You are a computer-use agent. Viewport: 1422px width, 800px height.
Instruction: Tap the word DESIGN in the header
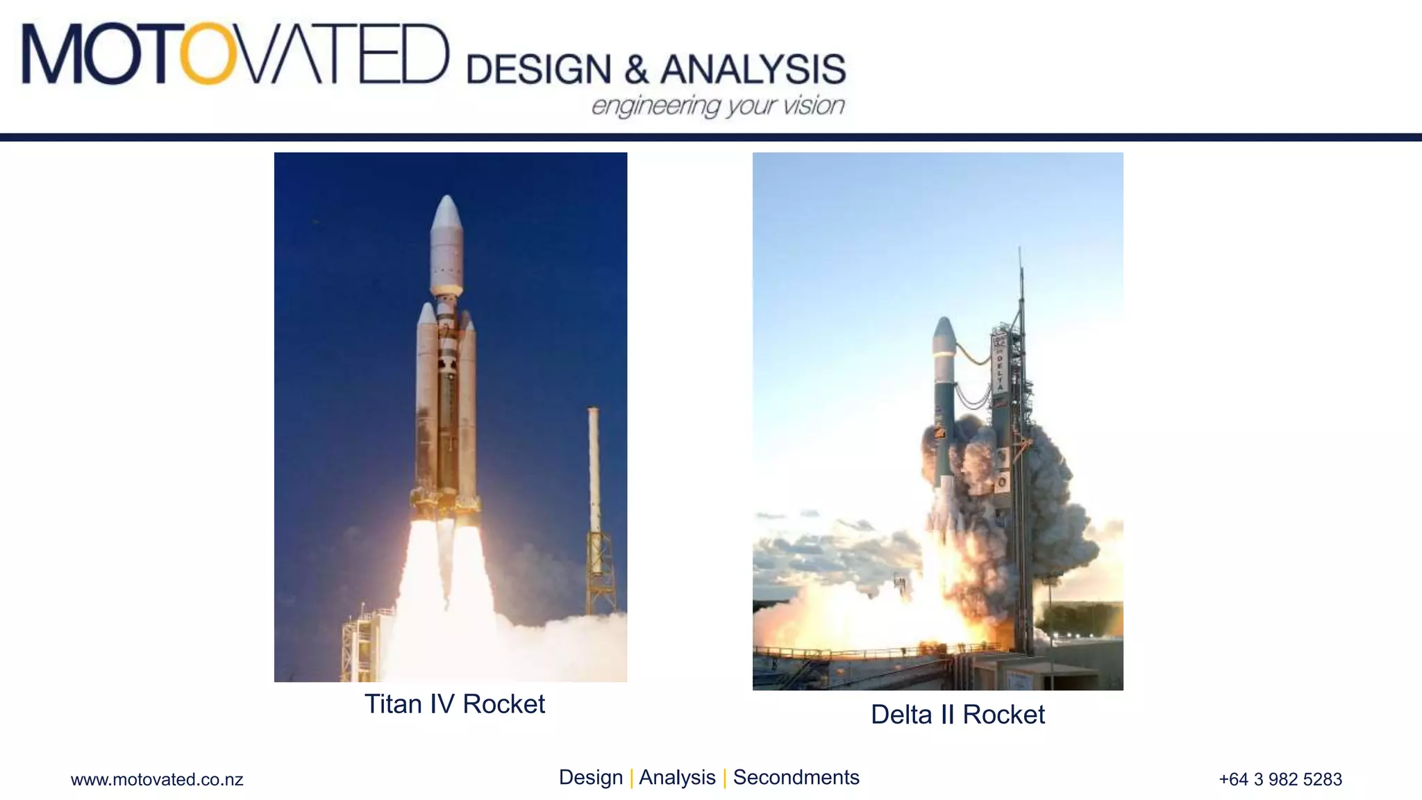click(x=538, y=69)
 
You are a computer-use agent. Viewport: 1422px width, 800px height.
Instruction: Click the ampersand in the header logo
click(x=636, y=70)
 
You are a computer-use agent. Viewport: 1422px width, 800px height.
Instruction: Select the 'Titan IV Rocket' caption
click(x=454, y=704)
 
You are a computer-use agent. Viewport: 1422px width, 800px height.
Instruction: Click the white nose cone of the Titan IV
click(x=446, y=215)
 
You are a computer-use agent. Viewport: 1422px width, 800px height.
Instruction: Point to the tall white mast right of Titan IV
click(x=594, y=472)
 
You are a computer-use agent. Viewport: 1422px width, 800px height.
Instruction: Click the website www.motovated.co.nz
click(x=157, y=780)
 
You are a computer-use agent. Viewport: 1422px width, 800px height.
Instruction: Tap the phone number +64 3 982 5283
click(x=1280, y=780)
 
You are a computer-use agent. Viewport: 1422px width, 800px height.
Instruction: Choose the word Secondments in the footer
click(x=796, y=778)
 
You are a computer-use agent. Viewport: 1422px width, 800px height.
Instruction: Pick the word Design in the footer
click(x=590, y=778)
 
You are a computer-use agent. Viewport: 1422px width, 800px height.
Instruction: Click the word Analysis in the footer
click(x=676, y=778)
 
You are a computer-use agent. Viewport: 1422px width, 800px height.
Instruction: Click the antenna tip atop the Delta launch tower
click(x=1019, y=250)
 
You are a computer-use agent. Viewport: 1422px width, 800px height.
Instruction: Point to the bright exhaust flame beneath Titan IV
click(x=444, y=590)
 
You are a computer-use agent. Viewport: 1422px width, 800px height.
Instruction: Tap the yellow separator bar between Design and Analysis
click(x=631, y=778)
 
